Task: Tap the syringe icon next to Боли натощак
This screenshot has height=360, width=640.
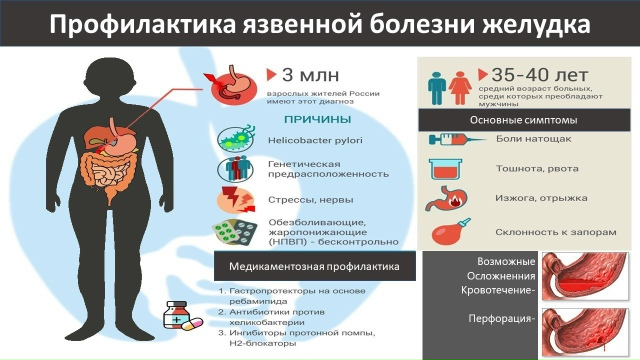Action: click(x=446, y=140)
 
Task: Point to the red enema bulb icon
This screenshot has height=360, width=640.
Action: click(x=446, y=233)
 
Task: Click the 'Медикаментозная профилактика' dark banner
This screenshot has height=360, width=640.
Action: click(x=314, y=267)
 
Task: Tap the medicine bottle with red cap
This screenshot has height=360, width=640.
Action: click(x=177, y=315)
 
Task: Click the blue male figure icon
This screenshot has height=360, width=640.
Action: click(x=436, y=87)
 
